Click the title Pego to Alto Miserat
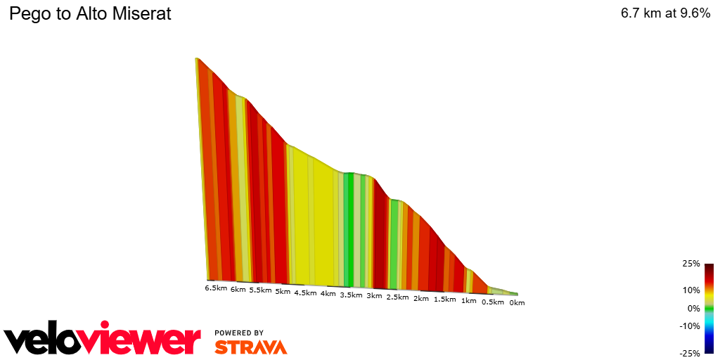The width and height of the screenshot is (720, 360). (x=90, y=14)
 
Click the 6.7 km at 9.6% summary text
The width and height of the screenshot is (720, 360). (x=665, y=14)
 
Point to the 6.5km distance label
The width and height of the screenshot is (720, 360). (x=216, y=288)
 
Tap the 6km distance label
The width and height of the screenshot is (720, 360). (x=238, y=289)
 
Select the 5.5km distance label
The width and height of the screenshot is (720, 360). (x=260, y=290)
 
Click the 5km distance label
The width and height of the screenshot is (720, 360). (x=283, y=291)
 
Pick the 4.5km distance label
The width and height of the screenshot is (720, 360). (x=305, y=292)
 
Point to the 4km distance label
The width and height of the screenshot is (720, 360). (x=328, y=294)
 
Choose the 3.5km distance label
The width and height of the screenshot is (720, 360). (x=351, y=295)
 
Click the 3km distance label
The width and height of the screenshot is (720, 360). (x=374, y=296)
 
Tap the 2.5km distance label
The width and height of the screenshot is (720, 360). (x=397, y=297)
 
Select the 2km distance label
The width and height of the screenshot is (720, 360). (x=420, y=299)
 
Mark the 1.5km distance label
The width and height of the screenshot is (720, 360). (x=444, y=300)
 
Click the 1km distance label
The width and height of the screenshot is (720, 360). (x=468, y=301)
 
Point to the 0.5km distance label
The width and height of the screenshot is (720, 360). (x=492, y=302)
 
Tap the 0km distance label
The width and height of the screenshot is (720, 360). (x=517, y=303)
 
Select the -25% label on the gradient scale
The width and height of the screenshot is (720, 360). (x=689, y=353)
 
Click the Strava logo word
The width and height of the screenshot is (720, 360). (x=250, y=347)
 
